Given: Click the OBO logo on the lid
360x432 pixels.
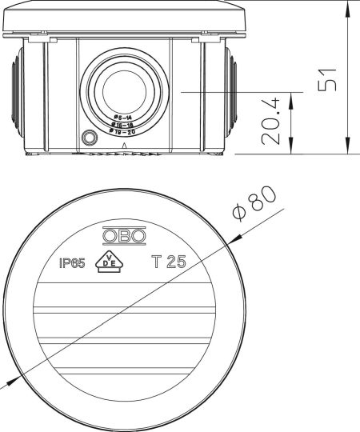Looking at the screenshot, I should pos(123,236).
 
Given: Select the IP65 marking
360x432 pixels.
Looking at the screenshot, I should pos(73,262).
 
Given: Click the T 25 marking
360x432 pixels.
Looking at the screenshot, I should pos(169,262).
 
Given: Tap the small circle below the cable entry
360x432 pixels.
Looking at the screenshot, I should pos(88,137).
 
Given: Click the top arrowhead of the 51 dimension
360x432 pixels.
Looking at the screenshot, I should pos(348,6).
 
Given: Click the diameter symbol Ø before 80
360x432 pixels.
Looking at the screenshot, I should pos(239,214).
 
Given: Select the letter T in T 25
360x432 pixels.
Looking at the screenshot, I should pos(156,262).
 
